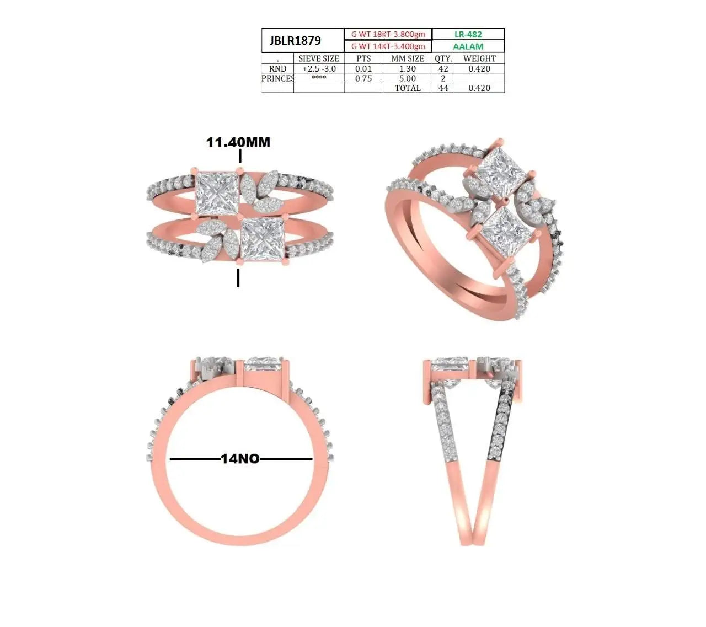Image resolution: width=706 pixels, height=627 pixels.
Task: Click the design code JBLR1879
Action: (x=295, y=41)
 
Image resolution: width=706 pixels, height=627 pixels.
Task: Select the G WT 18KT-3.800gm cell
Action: (x=388, y=34)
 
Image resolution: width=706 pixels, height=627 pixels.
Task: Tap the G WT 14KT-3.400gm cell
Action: (x=388, y=46)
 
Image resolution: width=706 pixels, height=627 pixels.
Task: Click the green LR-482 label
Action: (x=468, y=34)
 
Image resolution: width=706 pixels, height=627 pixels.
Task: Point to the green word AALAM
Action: (x=468, y=46)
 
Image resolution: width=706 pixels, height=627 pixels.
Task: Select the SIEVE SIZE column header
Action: (x=318, y=58)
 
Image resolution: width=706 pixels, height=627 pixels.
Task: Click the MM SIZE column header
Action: (x=408, y=58)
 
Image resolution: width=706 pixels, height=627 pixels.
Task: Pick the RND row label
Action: (x=277, y=69)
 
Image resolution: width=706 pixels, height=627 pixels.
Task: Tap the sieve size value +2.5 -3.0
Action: (x=319, y=69)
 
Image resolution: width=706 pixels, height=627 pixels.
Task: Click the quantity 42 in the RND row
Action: (x=443, y=69)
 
